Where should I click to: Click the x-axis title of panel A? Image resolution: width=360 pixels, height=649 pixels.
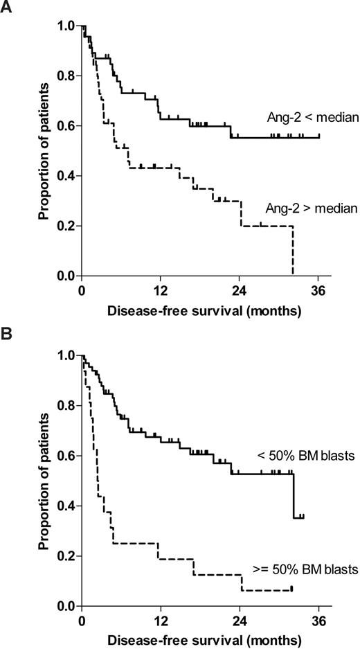tap(204, 312)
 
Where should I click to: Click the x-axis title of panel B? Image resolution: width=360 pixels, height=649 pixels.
tap(204, 640)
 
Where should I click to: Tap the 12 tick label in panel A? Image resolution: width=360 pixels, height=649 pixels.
tap(161, 290)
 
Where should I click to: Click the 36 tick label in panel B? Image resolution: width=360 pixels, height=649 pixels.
tap(319, 619)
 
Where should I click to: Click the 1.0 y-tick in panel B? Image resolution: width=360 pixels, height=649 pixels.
tap(65, 355)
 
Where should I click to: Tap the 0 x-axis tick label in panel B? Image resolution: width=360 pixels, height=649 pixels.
tap(82, 619)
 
